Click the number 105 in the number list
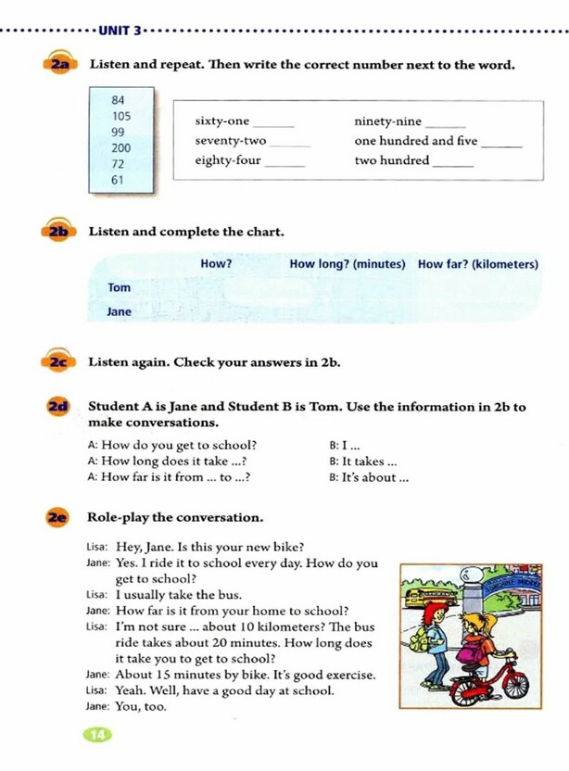(x=121, y=117)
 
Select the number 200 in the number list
(x=121, y=148)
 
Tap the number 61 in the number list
(x=118, y=181)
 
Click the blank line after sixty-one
(x=273, y=123)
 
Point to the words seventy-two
(x=230, y=141)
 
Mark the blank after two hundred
(x=453, y=164)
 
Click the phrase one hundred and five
(x=415, y=142)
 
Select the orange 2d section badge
(x=58, y=407)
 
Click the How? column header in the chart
(x=216, y=264)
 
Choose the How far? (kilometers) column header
(x=477, y=264)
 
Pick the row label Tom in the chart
(x=120, y=288)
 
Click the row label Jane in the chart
(x=120, y=312)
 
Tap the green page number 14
(x=96, y=735)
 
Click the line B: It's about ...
(x=369, y=478)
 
